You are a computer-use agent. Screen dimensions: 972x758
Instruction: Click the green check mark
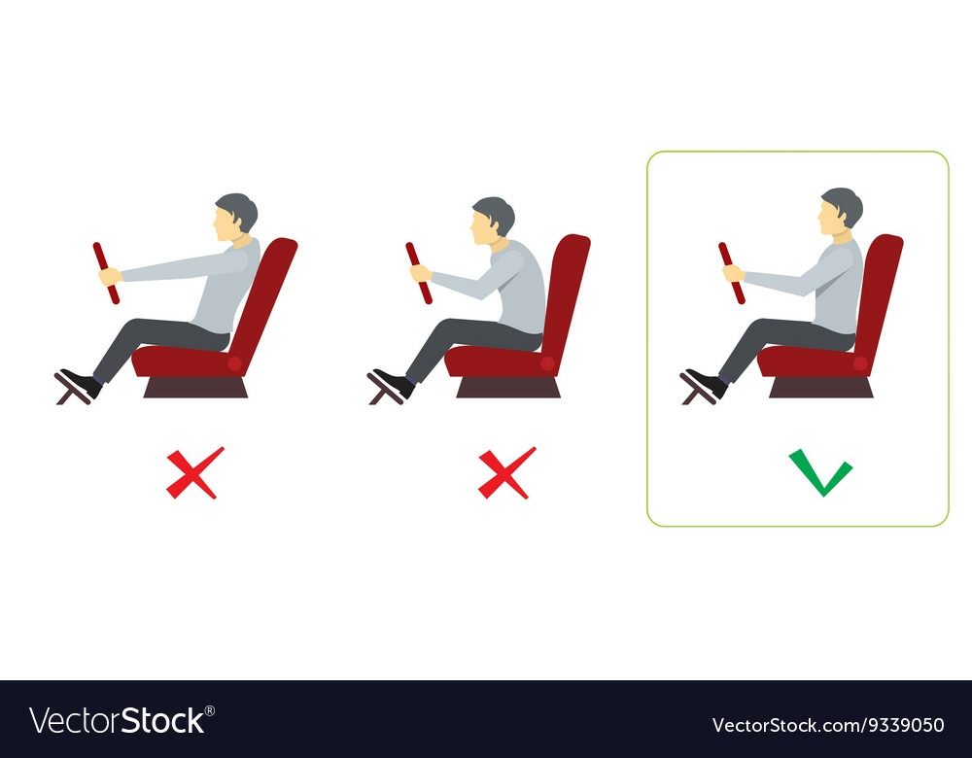tap(819, 478)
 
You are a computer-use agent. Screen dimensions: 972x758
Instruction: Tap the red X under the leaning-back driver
tap(194, 473)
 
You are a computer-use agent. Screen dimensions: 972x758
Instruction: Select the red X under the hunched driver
tap(505, 473)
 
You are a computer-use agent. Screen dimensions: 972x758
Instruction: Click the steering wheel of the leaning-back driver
tap(106, 273)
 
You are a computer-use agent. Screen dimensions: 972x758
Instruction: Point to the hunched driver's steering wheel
tap(419, 273)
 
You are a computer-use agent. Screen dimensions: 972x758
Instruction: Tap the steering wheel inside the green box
tap(732, 273)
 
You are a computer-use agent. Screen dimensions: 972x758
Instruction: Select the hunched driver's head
tap(492, 220)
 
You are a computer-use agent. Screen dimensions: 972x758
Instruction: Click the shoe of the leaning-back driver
tap(82, 383)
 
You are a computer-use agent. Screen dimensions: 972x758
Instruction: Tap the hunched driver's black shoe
tap(395, 383)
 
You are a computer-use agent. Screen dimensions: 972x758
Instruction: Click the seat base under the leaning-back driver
tap(195, 387)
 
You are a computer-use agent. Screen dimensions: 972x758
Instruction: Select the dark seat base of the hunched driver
tap(508, 387)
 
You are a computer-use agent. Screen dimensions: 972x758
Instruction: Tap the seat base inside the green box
tap(821, 387)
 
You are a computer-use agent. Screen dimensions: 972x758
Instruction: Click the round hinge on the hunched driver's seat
tap(547, 363)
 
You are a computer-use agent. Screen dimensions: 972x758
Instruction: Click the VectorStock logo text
tap(118, 721)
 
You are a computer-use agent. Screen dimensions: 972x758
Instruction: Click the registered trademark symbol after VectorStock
tap(210, 711)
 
